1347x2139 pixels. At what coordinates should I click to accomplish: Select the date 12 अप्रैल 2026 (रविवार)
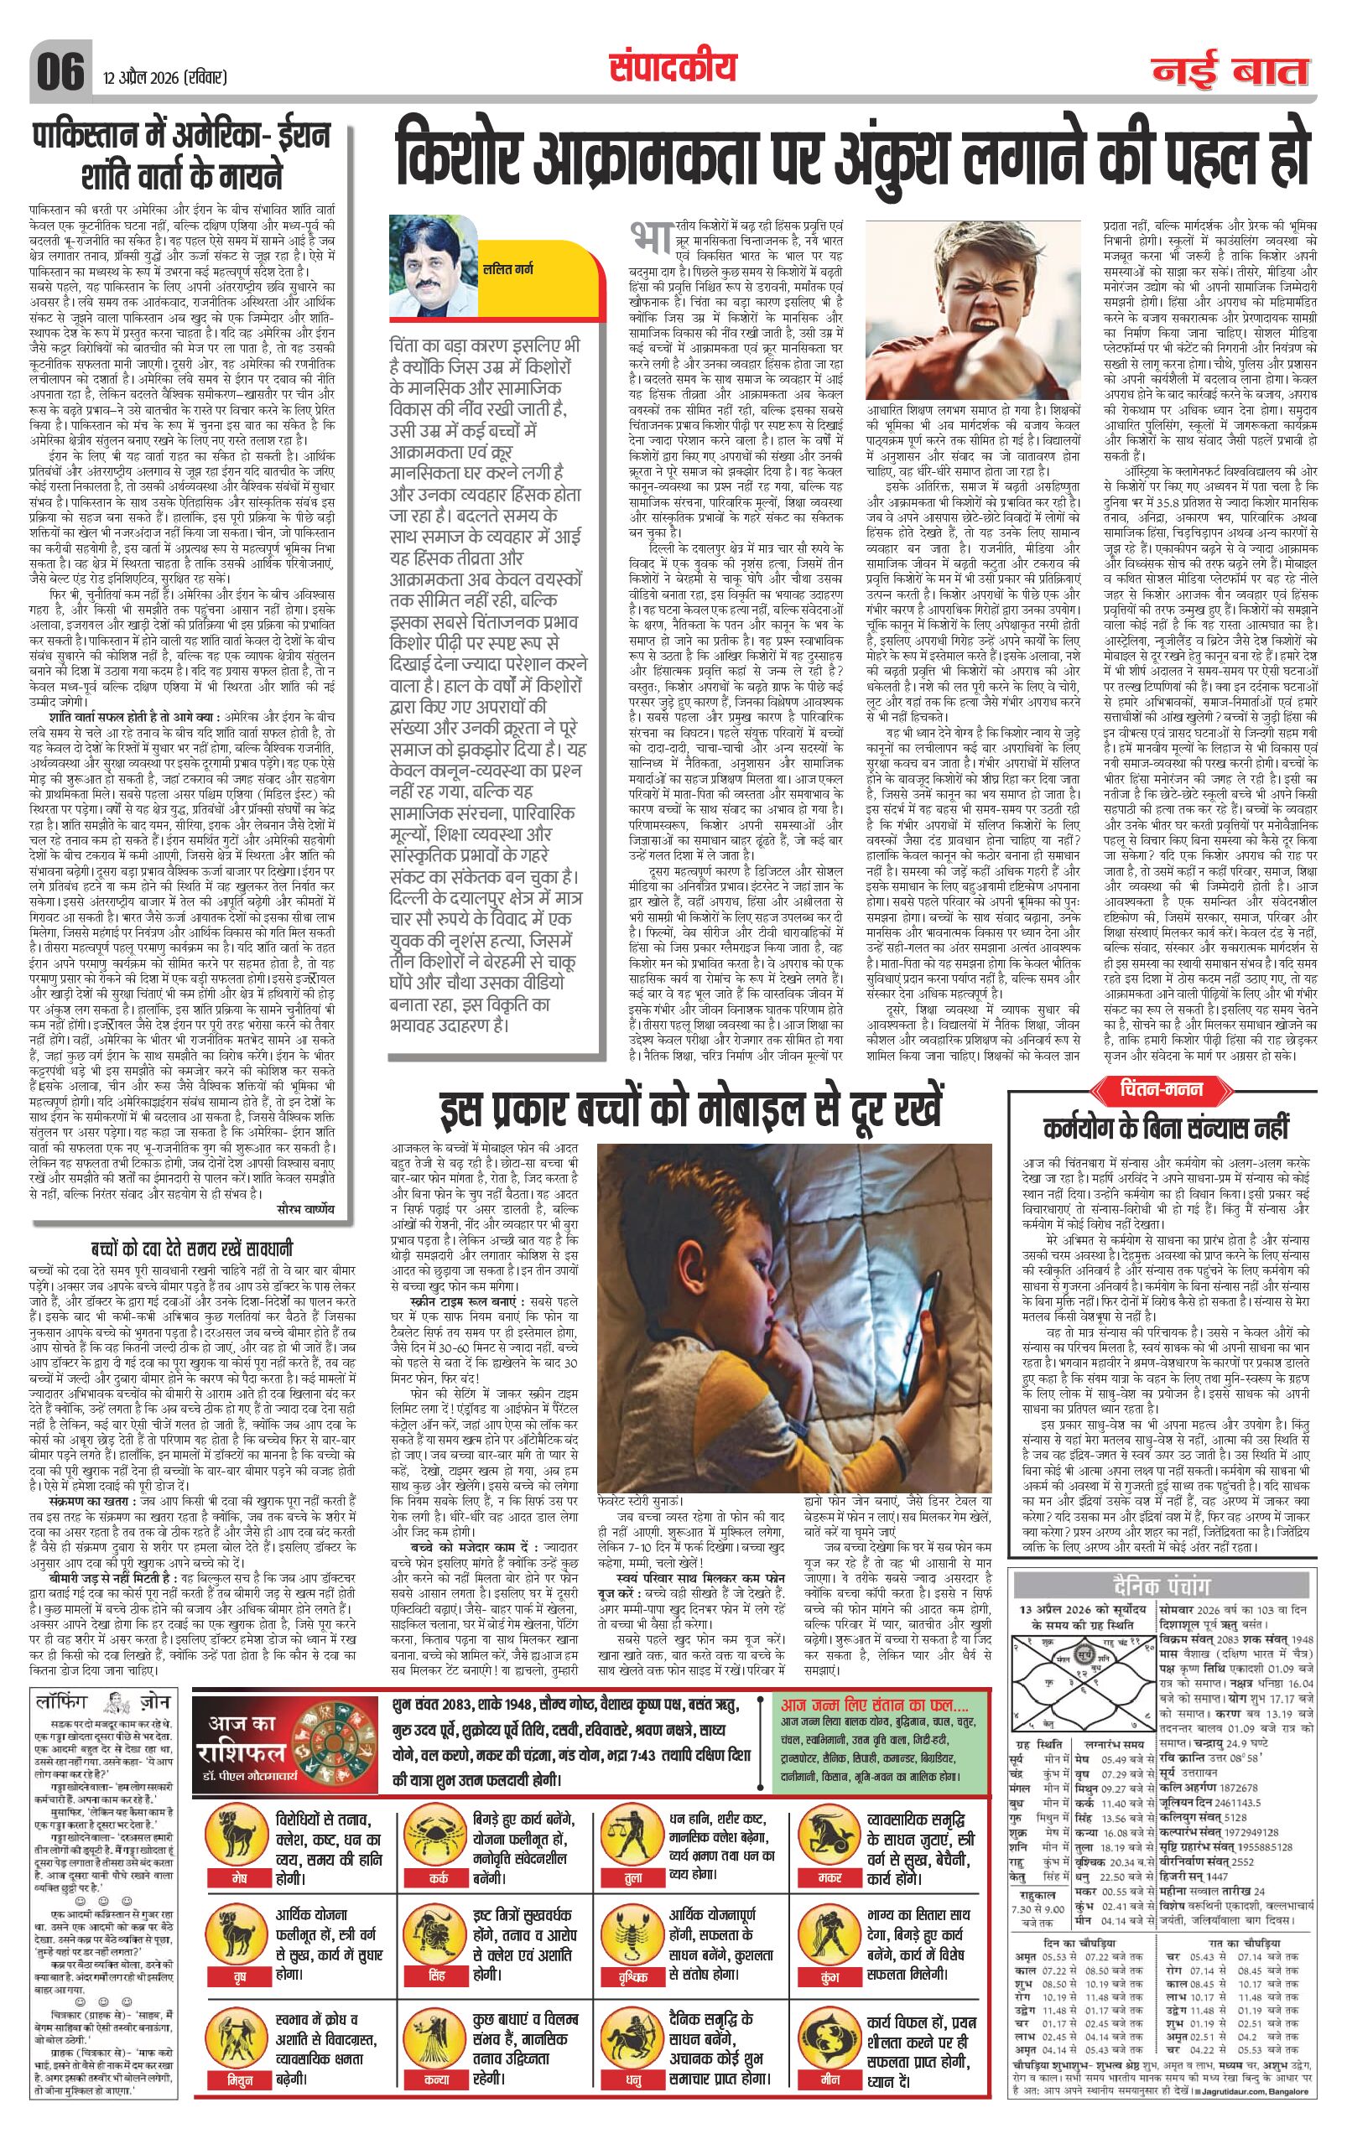coord(164,77)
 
